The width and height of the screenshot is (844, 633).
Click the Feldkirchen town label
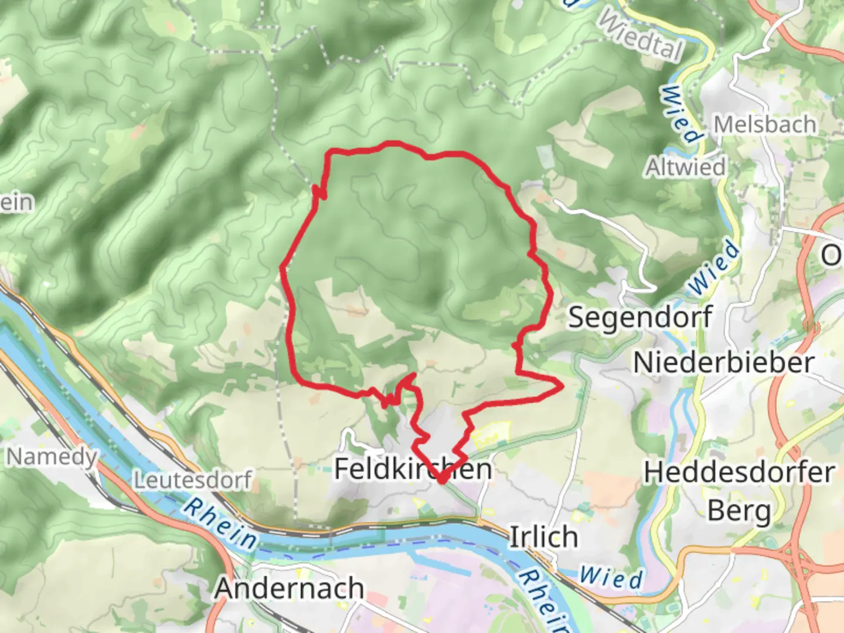pyautogui.click(x=413, y=468)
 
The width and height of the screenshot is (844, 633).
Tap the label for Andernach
pyautogui.click(x=289, y=588)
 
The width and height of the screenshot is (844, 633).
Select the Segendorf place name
pyautogui.click(x=640, y=317)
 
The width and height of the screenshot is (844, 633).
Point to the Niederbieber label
pyautogui.click(x=724, y=362)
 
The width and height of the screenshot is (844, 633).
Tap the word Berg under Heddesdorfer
pyautogui.click(x=740, y=511)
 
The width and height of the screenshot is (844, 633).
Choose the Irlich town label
pyautogui.click(x=543, y=537)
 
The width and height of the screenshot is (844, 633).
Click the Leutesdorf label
pyautogui.click(x=193, y=480)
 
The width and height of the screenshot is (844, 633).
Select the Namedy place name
pyautogui.click(x=52, y=456)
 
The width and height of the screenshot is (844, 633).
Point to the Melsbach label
pyautogui.click(x=765, y=124)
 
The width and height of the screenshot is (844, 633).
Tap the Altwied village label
pyautogui.click(x=685, y=167)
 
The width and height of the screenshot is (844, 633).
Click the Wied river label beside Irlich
pyautogui.click(x=611, y=578)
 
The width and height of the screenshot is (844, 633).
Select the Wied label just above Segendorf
pyautogui.click(x=714, y=267)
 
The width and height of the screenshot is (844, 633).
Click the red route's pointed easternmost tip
pyautogui.click(x=562, y=385)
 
